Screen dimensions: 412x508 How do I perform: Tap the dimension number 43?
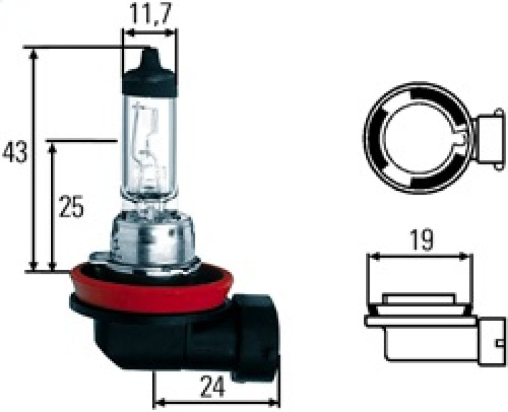[x=15, y=153]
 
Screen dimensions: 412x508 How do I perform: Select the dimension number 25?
[x=71, y=207]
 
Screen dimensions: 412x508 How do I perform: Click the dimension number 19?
[x=420, y=240]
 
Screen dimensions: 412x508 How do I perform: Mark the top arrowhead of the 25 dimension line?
[x=53, y=147]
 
